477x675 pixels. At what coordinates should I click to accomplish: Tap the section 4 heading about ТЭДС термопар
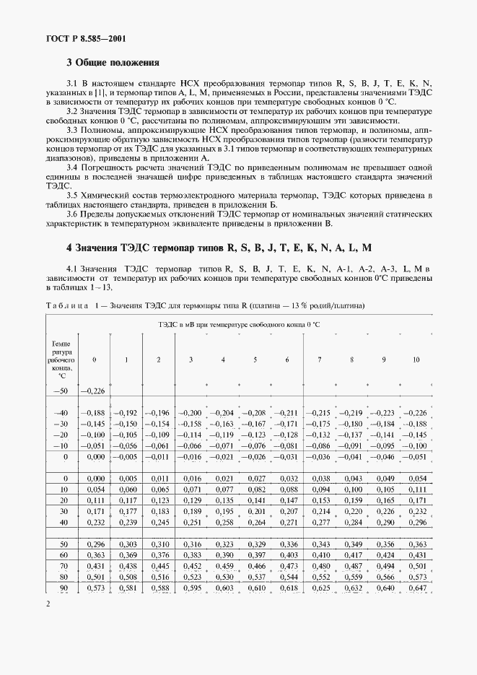click(x=219, y=248)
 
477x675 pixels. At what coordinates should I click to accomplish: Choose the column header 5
click(x=255, y=360)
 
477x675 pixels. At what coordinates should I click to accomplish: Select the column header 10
click(x=416, y=360)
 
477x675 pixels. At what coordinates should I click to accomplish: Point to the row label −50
click(x=61, y=391)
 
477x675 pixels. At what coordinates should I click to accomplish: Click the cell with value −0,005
click(x=126, y=457)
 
